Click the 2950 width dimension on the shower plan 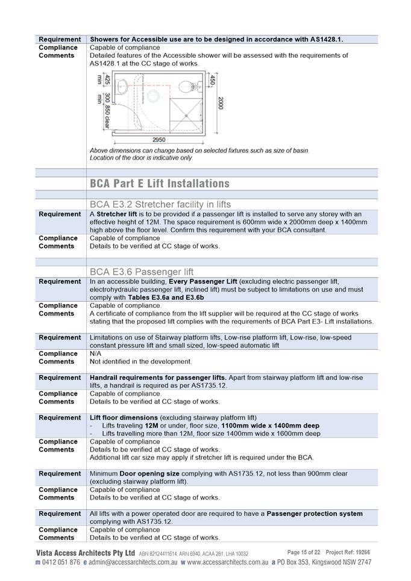[x=158, y=139]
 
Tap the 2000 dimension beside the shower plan [x=221, y=103]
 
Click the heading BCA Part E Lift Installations [x=159, y=183]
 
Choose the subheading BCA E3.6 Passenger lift [x=142, y=272]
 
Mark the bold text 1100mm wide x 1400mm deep [x=271, y=426]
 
